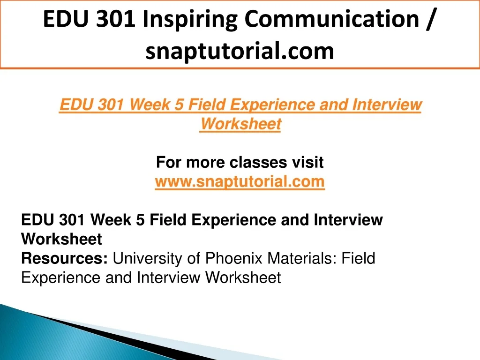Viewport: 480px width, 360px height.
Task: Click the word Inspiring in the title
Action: pyautogui.click(x=190, y=20)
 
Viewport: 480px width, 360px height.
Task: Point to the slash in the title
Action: pyautogui.click(x=430, y=19)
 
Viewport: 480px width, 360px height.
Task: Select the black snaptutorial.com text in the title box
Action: pyautogui.click(x=240, y=51)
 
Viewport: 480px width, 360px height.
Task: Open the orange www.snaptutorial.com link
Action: pyautogui.click(x=240, y=182)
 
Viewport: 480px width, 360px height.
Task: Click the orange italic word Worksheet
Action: pyautogui.click(x=240, y=124)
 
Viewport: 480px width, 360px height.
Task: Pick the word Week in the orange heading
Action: pyautogui.click(x=149, y=105)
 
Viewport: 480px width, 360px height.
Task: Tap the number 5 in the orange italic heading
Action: pyautogui.click(x=179, y=105)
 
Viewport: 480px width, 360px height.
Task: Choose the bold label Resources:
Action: pyautogui.click(x=64, y=258)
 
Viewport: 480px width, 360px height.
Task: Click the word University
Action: pyautogui.click(x=148, y=259)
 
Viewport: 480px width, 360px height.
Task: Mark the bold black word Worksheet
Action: pyautogui.click(x=61, y=239)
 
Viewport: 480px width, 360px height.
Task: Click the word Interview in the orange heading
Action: pyautogui.click(x=387, y=105)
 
